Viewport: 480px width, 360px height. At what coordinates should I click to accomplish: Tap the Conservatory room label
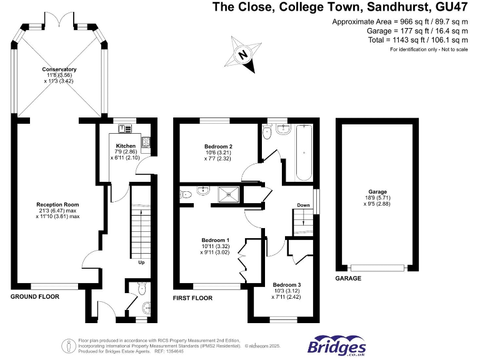pos(59,69)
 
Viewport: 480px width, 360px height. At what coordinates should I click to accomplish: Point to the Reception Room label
pos(57,204)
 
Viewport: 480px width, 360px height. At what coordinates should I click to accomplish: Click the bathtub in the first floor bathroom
pos(304,151)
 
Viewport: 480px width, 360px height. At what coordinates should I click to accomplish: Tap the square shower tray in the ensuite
pos(227,195)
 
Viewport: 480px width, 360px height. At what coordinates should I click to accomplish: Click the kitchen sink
pos(126,129)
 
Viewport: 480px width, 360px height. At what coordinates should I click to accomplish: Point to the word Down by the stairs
pos(303,205)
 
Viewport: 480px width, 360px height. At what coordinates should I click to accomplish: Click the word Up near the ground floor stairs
pos(141,262)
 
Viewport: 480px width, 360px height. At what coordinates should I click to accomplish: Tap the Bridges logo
pos(336,346)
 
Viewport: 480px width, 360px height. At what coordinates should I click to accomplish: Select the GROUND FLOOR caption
pos(35,297)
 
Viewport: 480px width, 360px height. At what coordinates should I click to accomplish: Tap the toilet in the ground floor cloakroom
pos(141,288)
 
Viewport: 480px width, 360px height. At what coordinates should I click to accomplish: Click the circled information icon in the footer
pos(69,345)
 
